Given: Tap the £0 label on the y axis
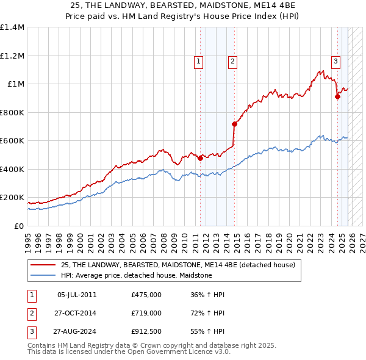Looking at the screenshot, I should pyautogui.click(x=18, y=226).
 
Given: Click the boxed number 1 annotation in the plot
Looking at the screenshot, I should pyautogui.click(x=199, y=60).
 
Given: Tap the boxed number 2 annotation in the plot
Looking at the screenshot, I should pyautogui.click(x=233, y=60).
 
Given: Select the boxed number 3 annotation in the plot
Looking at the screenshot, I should pyautogui.click(x=336, y=60).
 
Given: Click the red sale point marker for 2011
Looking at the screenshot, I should pyautogui.click(x=200, y=159).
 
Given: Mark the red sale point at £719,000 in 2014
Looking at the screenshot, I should pyautogui.click(x=234, y=124).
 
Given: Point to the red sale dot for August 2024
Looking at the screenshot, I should pyautogui.click(x=337, y=96).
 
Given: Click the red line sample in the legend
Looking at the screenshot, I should pyautogui.click(x=44, y=265).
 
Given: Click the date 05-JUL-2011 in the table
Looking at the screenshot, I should pyautogui.click(x=76, y=295).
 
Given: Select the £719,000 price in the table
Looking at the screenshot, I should pyautogui.click(x=146, y=313).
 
